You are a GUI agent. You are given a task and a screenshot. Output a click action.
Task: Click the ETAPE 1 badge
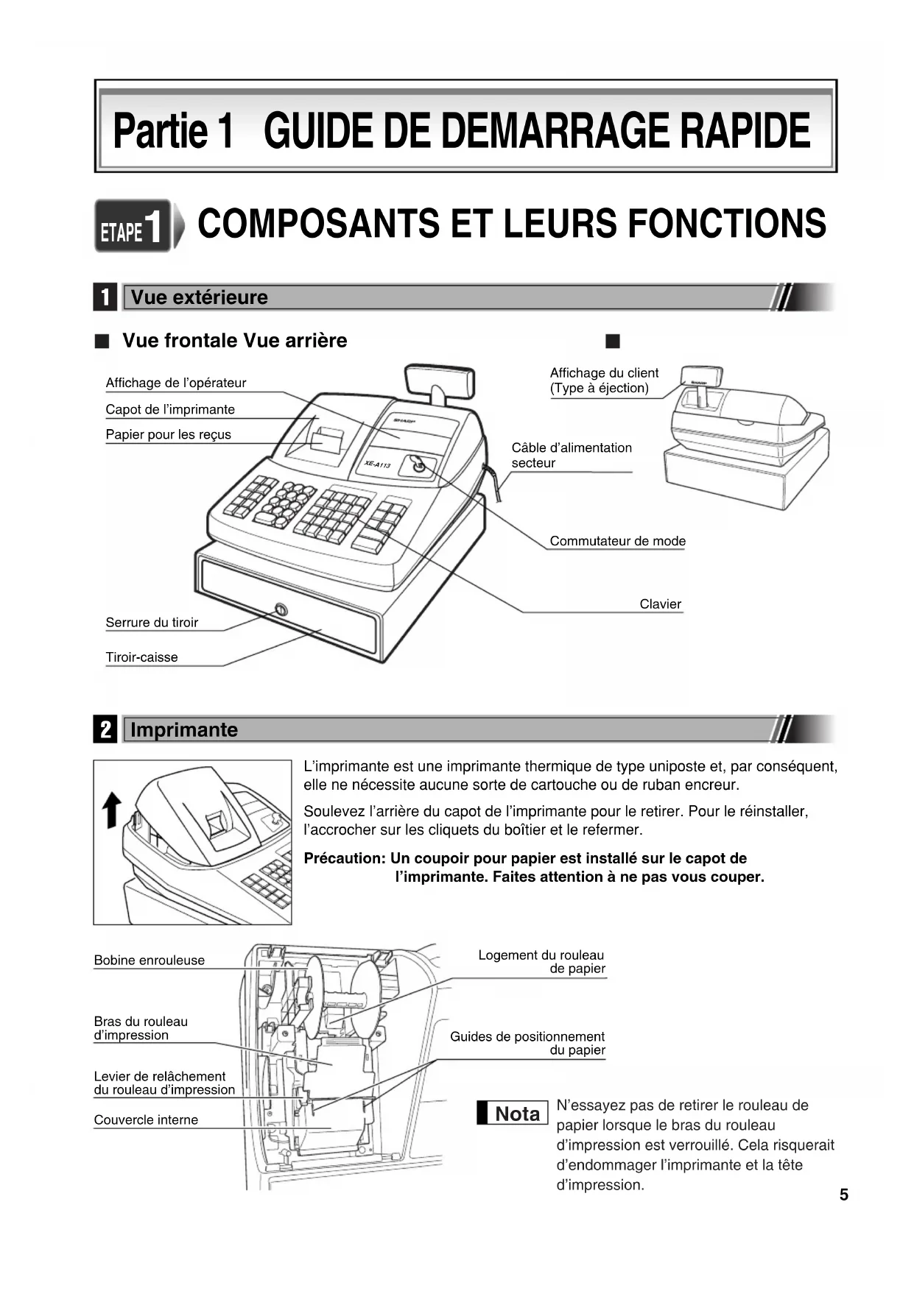click(133, 226)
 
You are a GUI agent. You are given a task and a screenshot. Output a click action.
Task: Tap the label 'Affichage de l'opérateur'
click(175, 383)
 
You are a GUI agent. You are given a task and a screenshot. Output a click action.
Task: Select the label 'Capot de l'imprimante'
click(169, 409)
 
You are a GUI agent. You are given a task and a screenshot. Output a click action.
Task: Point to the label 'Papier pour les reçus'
click(168, 434)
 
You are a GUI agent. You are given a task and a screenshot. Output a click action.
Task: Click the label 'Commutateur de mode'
click(617, 541)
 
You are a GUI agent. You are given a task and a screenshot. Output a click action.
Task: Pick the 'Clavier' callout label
click(660, 604)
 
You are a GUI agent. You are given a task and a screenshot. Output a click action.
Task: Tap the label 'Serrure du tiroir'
click(152, 623)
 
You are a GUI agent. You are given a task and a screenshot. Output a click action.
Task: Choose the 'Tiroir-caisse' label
click(141, 657)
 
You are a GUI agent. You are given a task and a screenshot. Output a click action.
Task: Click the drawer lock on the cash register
click(281, 609)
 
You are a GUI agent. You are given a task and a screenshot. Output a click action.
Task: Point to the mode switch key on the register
click(419, 465)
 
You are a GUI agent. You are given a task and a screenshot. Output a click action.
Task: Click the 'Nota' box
click(513, 1114)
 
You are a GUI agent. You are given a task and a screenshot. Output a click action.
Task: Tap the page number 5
click(843, 1195)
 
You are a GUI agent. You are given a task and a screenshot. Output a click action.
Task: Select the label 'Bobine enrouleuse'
click(149, 961)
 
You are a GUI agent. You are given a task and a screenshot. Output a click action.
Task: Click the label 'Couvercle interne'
click(146, 1120)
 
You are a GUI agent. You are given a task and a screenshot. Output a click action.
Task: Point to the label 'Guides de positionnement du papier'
click(527, 1044)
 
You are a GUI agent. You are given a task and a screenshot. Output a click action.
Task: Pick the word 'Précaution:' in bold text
click(344, 858)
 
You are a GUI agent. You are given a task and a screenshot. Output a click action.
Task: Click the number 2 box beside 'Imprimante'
click(105, 729)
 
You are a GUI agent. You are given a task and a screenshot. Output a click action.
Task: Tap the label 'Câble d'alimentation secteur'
click(572, 455)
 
